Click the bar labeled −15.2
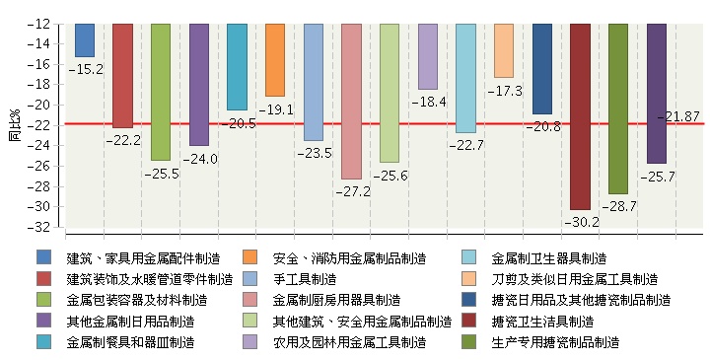tap(85, 40)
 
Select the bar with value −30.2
tap(580, 116)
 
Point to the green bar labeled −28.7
tap(618, 108)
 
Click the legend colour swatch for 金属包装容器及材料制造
tap(43, 300)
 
